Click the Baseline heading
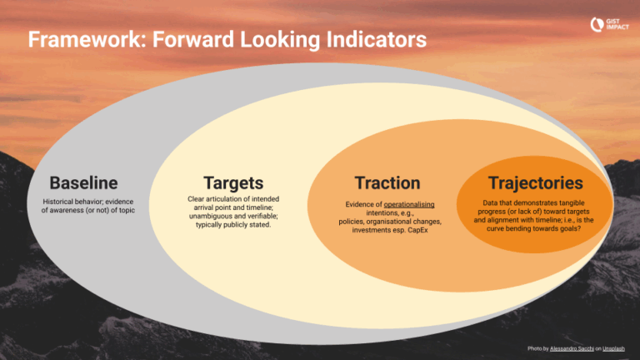(83, 182)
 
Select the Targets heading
(233, 182)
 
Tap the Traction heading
(387, 182)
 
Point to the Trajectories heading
(535, 182)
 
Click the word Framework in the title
(76, 40)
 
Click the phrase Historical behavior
(71, 202)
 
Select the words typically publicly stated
(233, 225)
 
